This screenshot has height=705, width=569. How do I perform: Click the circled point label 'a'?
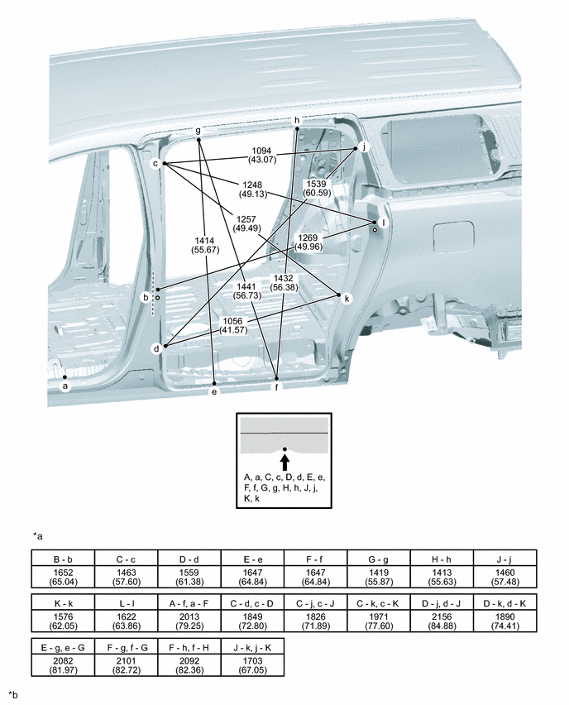click(x=66, y=384)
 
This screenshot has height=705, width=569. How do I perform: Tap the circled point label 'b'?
click(x=146, y=296)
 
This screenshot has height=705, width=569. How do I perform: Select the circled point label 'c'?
click(x=155, y=164)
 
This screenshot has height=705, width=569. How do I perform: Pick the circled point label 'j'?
click(x=363, y=146)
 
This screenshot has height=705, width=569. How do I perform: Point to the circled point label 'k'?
click(x=347, y=297)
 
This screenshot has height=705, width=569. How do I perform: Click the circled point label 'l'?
click(x=382, y=222)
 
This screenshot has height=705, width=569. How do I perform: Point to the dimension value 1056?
click(x=237, y=320)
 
